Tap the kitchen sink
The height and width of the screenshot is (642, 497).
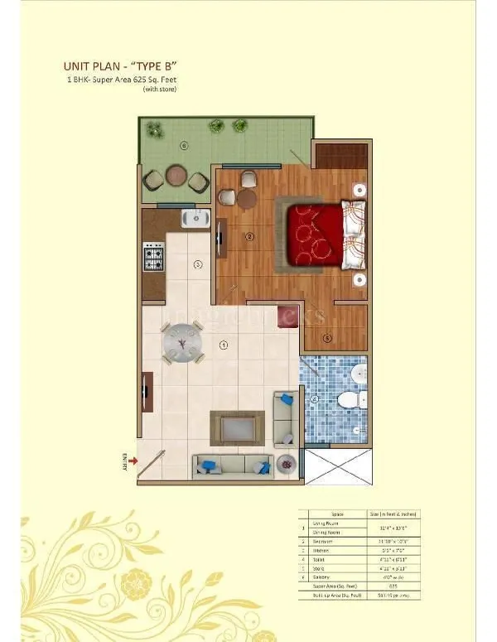click(x=196, y=219)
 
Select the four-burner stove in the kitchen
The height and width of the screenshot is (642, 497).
click(x=153, y=257)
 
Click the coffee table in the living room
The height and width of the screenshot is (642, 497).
click(x=238, y=427)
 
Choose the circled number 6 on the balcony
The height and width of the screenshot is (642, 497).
click(x=183, y=145)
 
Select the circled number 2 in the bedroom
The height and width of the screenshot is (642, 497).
click(x=249, y=237)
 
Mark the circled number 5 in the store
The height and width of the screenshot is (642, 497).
click(x=327, y=336)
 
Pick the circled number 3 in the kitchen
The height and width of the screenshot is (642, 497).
click(x=197, y=265)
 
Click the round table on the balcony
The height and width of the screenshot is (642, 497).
click(x=176, y=176)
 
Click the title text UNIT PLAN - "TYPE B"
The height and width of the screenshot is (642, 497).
click(x=122, y=66)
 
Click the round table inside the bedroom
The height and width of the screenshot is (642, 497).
click(x=246, y=198)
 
